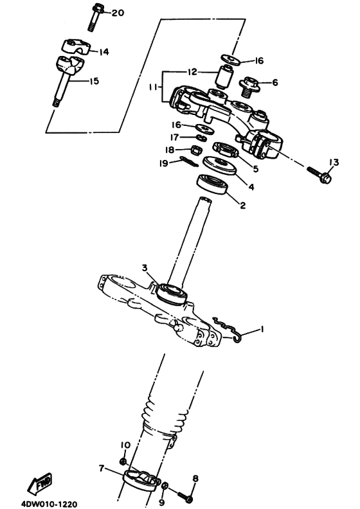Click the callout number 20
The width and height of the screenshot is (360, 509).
118,13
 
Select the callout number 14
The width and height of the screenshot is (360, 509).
103,51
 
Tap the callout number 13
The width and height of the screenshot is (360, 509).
333,161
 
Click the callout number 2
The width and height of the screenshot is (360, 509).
242,206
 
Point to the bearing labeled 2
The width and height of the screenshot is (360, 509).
215,183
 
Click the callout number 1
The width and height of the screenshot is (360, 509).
262,329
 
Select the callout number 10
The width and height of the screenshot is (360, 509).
124,444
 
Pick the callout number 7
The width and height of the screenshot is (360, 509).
101,469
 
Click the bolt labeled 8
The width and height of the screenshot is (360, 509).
183,497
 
